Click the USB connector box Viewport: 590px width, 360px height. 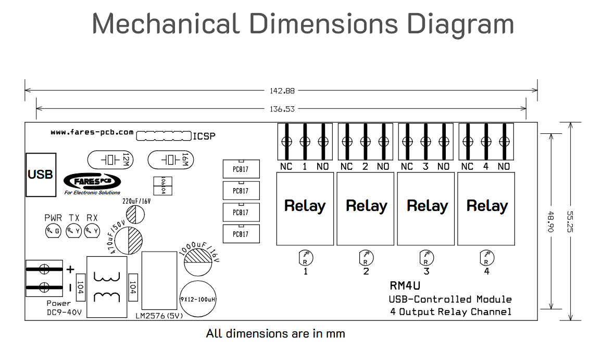[x=41, y=175]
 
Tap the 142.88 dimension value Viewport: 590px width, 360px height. [x=282, y=91]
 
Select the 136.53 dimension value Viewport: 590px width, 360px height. [x=282, y=109]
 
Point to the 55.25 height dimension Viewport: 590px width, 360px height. [x=570, y=221]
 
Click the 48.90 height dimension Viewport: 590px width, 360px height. [x=550, y=221]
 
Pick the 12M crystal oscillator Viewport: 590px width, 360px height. [x=110, y=159]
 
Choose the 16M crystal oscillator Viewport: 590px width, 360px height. [x=170, y=159]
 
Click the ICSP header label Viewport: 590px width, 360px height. [x=204, y=136]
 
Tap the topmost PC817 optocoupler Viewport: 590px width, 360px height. [x=241, y=169]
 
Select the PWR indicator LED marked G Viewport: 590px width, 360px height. [x=53, y=231]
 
